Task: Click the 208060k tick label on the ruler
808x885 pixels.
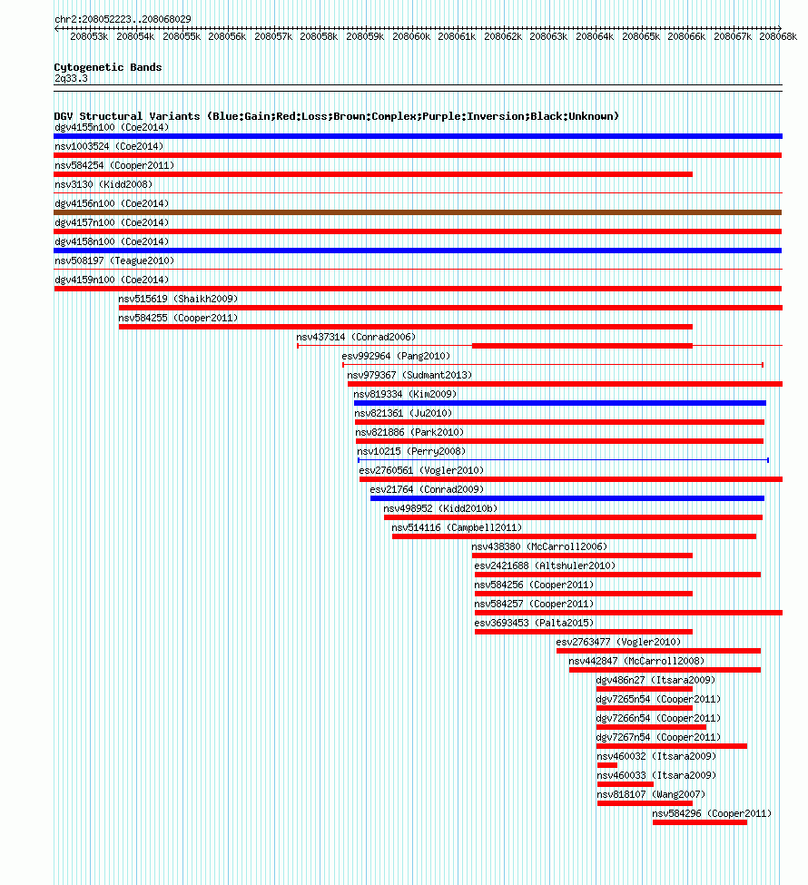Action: click(x=411, y=36)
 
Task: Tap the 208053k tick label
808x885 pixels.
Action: click(x=89, y=36)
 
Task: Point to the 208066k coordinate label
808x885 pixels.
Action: click(x=686, y=36)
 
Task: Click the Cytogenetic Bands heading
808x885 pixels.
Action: click(x=108, y=67)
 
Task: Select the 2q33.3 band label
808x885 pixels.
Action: click(x=71, y=78)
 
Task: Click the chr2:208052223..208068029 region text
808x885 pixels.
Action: click(x=123, y=19)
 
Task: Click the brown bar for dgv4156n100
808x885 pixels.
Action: click(x=418, y=212)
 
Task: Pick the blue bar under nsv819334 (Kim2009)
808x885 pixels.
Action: click(x=559, y=403)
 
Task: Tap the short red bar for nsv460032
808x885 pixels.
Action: click(x=607, y=765)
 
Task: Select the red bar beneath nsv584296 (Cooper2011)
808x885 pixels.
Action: click(x=700, y=822)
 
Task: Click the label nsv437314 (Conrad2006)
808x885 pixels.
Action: click(x=356, y=337)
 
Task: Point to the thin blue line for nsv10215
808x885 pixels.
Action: click(x=563, y=460)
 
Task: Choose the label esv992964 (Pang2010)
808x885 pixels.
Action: click(x=396, y=356)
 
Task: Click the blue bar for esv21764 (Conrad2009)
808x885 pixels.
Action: click(x=567, y=498)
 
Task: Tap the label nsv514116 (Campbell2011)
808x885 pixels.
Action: click(x=457, y=527)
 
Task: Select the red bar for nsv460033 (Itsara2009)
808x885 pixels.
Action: click(x=625, y=784)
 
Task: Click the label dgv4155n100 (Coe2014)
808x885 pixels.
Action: click(x=112, y=128)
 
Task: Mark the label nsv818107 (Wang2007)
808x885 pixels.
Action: click(x=651, y=795)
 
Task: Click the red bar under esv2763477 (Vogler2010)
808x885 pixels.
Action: click(x=658, y=651)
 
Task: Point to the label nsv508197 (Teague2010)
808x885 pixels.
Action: click(x=114, y=261)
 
